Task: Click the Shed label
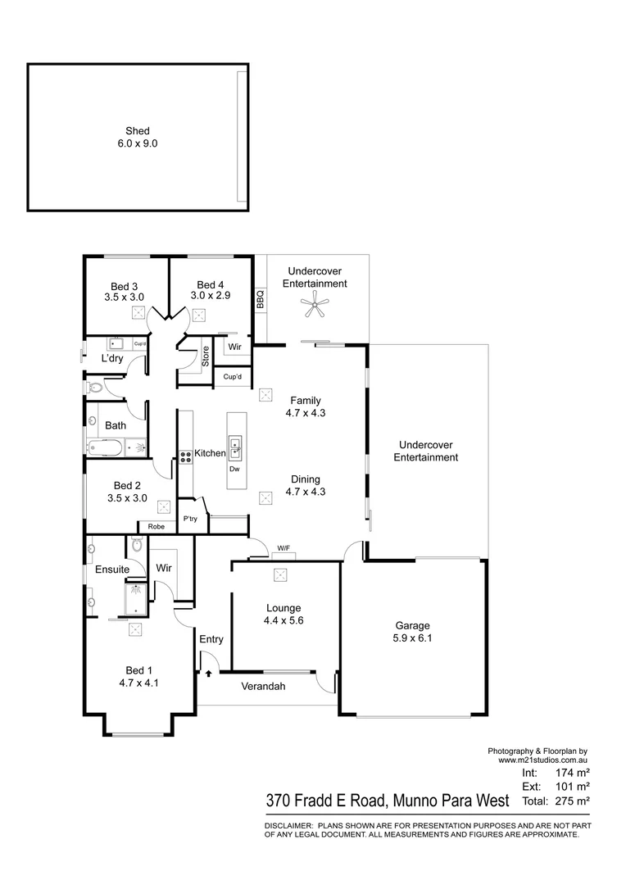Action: pos(138,130)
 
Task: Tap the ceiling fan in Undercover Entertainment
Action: pos(315,308)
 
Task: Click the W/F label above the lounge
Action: pos(284,548)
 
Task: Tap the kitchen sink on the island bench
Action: pos(235,447)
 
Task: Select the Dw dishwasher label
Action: pos(234,469)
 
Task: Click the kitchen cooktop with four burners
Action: pos(185,456)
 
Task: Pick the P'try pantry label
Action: pos(190,519)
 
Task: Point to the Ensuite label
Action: pos(111,569)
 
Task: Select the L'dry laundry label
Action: pos(111,359)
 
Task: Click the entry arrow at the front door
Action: pos(209,674)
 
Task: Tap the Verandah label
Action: pos(263,687)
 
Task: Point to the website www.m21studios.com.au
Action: pos(543,760)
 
